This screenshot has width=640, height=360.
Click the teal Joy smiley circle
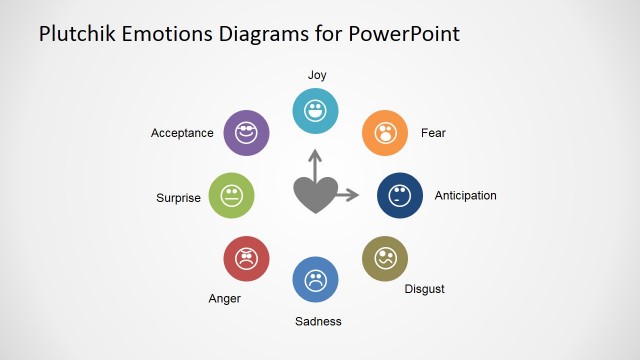click(315, 110)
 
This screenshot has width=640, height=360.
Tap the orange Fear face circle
click(384, 133)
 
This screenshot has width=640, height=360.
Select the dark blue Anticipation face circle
click(399, 194)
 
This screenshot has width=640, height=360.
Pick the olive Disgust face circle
click(384, 258)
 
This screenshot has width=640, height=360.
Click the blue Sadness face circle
click(315, 279)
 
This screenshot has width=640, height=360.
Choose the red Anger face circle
click(246, 259)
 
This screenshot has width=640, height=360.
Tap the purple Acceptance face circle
click(246, 133)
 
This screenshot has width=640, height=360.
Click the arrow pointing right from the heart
click(347, 195)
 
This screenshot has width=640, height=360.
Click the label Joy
click(317, 75)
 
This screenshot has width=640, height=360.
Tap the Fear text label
click(433, 133)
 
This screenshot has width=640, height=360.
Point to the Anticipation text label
click(465, 196)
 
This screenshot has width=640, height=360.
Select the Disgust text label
click(424, 289)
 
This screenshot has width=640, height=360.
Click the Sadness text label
click(318, 321)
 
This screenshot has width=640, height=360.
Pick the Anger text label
click(224, 298)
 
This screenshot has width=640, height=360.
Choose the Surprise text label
click(178, 198)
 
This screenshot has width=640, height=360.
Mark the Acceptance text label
click(182, 133)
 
